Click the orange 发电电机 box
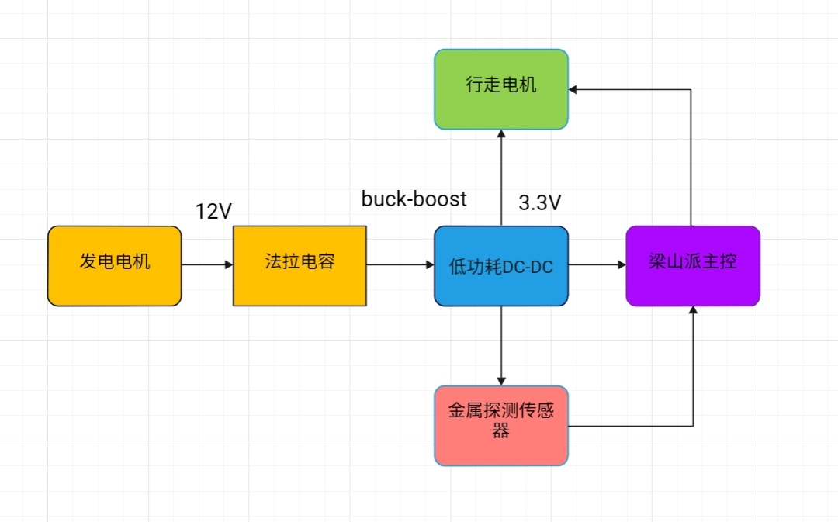(x=114, y=265)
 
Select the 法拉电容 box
(x=300, y=265)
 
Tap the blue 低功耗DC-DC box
(x=501, y=265)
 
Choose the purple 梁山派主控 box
(x=693, y=265)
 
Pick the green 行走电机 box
(x=501, y=88)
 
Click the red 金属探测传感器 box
(x=501, y=425)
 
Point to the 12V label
(x=213, y=211)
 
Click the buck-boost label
(x=414, y=199)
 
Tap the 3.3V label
(x=539, y=203)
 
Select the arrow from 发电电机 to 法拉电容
(x=206, y=265)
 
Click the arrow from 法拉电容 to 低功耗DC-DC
(x=400, y=265)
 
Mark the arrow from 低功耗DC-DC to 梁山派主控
(x=597, y=265)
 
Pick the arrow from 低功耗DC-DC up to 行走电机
(x=501, y=178)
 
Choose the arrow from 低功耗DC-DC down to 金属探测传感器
(x=501, y=345)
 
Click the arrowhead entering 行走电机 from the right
(x=574, y=90)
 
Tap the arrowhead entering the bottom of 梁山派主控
(x=693, y=310)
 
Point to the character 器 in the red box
(x=501, y=432)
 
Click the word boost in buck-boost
(x=442, y=199)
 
